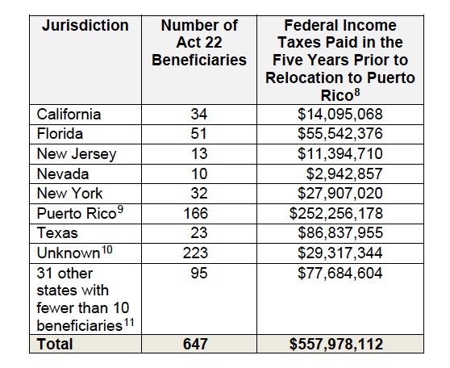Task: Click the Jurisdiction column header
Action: [x=85, y=26]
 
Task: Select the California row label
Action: [x=69, y=114]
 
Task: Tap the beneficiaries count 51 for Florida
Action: [x=199, y=134]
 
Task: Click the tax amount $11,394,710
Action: [x=340, y=153]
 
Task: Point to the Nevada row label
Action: [x=63, y=174]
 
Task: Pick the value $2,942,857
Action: [x=344, y=174]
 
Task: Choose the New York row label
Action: [x=69, y=193]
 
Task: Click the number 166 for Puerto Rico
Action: [x=195, y=213]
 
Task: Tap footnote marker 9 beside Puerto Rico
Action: [x=120, y=210]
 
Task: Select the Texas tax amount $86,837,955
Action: [x=340, y=232]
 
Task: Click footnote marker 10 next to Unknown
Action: [x=107, y=249]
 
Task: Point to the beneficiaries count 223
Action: [x=195, y=253]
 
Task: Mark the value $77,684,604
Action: [x=340, y=273]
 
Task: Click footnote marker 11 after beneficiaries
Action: [x=129, y=322]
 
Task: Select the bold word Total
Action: [x=55, y=344]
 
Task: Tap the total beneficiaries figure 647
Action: [x=195, y=344]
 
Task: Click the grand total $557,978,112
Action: [x=336, y=344]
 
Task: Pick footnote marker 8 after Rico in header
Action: [x=357, y=93]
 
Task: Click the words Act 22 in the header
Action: [x=199, y=43]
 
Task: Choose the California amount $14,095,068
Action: [x=340, y=114]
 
